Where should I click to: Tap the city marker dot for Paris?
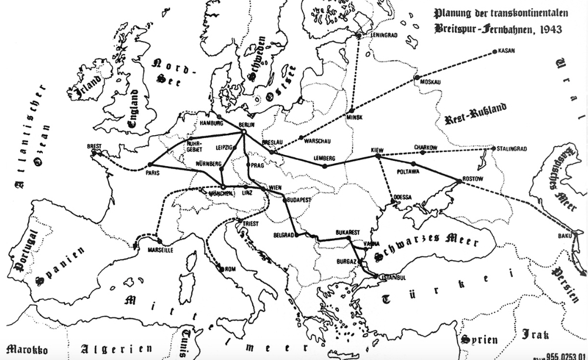tap(150, 164)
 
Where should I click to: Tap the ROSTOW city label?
tap(472, 179)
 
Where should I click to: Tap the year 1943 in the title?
tap(549, 28)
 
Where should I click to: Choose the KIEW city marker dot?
tap(378, 156)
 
